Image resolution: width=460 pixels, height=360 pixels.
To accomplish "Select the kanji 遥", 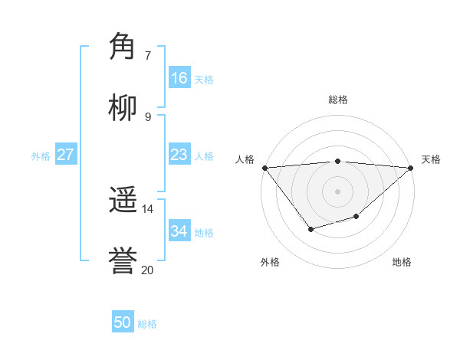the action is [x=123, y=201].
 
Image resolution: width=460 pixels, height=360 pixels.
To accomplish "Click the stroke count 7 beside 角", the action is [x=148, y=55].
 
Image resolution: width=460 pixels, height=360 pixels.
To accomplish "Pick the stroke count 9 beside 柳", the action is [x=148, y=116].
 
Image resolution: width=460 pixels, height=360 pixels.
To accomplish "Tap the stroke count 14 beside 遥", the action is [x=148, y=209].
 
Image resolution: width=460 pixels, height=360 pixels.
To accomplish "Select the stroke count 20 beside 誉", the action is [x=148, y=270].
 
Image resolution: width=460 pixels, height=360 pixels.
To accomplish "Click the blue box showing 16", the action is [x=179, y=78].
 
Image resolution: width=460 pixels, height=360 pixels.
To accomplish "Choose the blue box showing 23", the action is [x=179, y=155].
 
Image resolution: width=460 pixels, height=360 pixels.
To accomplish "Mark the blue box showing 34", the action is [x=179, y=231].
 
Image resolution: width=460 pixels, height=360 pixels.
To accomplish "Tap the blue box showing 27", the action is [x=66, y=155].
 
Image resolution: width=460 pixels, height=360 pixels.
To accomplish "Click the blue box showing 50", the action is [x=123, y=322].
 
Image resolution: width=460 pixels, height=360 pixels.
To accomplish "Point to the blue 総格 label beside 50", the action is [x=148, y=324].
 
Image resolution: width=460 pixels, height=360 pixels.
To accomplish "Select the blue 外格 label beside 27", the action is [x=41, y=156].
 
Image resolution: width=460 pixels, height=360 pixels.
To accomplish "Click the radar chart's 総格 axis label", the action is [x=337, y=100].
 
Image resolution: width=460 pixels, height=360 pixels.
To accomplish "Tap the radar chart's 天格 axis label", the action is [x=431, y=159].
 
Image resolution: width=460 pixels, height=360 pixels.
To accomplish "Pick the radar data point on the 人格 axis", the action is [x=264, y=167].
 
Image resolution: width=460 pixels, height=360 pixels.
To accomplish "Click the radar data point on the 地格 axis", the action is [x=356, y=217].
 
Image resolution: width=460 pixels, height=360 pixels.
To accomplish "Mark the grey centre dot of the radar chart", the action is [x=337, y=191].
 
